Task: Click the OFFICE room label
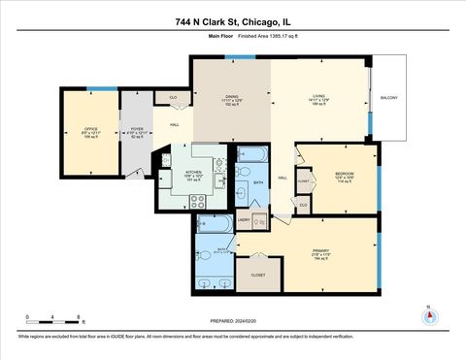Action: [x=90, y=128]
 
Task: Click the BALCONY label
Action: [x=388, y=98]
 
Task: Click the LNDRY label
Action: [x=244, y=221]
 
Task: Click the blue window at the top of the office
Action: [x=95, y=89]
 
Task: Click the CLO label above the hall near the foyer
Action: [x=173, y=97]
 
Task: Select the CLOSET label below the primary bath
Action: [x=257, y=275]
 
